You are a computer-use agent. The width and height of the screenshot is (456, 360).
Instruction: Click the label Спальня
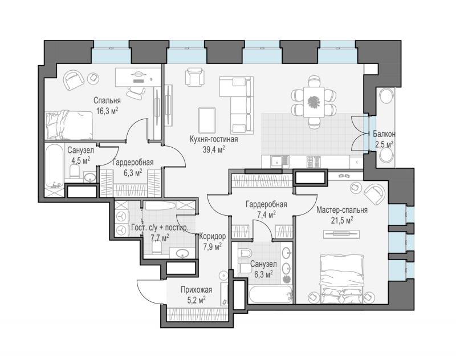pyautogui.click(x=107, y=100)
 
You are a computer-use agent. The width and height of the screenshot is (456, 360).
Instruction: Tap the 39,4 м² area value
pyautogui.click(x=214, y=149)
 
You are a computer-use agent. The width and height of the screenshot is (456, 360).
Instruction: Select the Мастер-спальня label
pyautogui.click(x=342, y=210)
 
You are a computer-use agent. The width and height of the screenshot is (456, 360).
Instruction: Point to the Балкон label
pyautogui.click(x=384, y=134)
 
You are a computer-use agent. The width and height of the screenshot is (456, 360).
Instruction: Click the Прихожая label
pyautogui.click(x=196, y=290)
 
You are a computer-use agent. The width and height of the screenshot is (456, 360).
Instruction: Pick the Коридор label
pyautogui.click(x=212, y=236)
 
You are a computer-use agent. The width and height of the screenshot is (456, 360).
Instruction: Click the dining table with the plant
pyautogui.click(x=313, y=102)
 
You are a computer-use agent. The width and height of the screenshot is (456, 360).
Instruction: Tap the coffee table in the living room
pyautogui.click(x=207, y=120)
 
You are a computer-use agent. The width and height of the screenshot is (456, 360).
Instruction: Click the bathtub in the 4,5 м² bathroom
pyautogui.click(x=54, y=169)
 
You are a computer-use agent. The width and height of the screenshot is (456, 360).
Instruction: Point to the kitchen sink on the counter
pyautogui.click(x=279, y=161)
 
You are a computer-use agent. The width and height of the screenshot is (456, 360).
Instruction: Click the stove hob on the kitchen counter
pyautogui.click(x=313, y=161)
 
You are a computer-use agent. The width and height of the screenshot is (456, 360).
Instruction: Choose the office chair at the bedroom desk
pyautogui.click(x=136, y=91)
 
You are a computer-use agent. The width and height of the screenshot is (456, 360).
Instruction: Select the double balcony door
pyautogui.click(x=358, y=134)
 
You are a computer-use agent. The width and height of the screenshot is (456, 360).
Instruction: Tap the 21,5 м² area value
pyautogui.click(x=342, y=220)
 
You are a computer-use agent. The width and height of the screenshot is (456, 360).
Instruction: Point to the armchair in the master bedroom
pyautogui.click(x=375, y=193)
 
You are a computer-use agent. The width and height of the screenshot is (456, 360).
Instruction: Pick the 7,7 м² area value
pyautogui.click(x=160, y=238)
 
